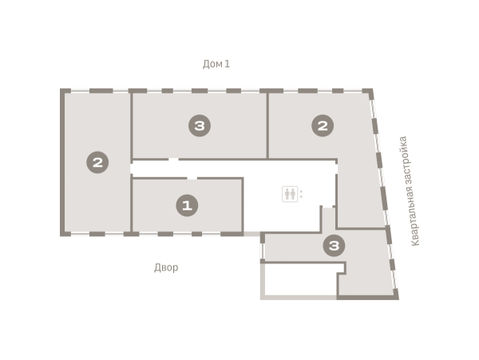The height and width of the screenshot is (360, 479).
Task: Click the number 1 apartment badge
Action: [187, 205]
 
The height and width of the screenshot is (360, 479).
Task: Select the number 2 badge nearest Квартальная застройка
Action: [323, 125]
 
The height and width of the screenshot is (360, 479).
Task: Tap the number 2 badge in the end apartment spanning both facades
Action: [97, 162]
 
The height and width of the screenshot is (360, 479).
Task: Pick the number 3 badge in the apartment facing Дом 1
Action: [200, 125]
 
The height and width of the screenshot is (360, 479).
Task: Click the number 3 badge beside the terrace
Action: [335, 246]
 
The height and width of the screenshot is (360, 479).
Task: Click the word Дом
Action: [212, 64]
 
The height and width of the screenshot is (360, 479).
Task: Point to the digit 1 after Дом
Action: [227, 64]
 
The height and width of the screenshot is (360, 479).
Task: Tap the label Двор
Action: [166, 267]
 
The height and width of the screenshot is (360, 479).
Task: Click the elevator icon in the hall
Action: [290, 194]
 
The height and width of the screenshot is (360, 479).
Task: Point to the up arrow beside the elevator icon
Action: [301, 191]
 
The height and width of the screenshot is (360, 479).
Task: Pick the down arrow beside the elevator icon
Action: [301, 197]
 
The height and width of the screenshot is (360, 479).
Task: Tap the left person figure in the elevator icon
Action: [287, 194]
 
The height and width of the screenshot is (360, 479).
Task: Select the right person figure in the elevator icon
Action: [293, 194]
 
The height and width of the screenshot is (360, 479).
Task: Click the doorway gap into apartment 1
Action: [192, 178]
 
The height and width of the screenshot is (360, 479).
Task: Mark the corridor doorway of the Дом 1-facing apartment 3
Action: [173, 160]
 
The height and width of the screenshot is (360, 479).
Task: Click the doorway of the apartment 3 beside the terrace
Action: [327, 207]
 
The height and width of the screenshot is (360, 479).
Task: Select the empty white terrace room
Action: [301, 279]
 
